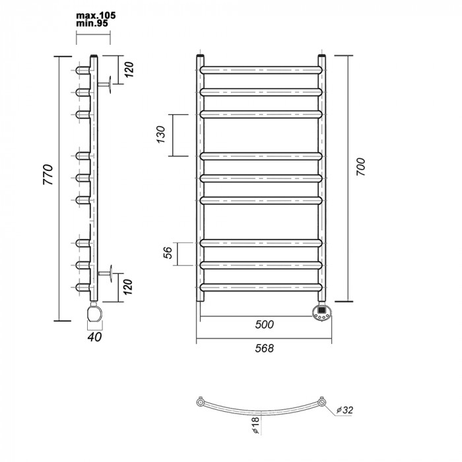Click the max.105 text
click(x=92, y=15)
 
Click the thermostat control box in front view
click(x=321, y=311)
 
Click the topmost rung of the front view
click(x=261, y=69)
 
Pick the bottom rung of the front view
click(x=261, y=287)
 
